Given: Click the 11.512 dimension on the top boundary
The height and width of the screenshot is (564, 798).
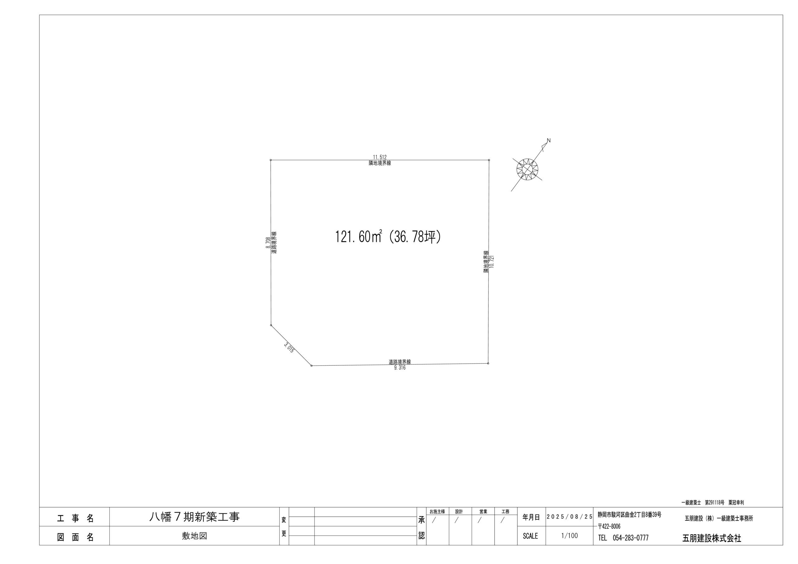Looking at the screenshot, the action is (380, 157).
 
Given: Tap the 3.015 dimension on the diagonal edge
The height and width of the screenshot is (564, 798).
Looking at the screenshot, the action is (289, 348).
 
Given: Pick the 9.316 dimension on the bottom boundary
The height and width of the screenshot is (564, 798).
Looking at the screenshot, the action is (400, 368).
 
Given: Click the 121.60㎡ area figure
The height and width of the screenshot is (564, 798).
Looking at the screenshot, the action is (359, 237).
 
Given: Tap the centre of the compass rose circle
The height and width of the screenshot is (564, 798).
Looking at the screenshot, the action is (527, 170).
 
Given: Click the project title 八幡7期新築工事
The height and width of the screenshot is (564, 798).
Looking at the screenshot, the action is (194, 517).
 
